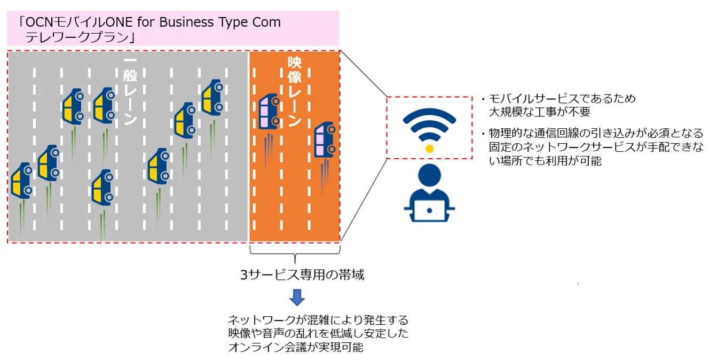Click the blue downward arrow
tap(297, 298)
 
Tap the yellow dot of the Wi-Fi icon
tap(429, 148)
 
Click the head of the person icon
tap(429, 175)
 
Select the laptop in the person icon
tap(429, 210)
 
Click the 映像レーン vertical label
tap(294, 92)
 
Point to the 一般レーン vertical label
tap(130, 91)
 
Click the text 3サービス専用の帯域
tap(302, 275)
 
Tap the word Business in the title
tap(186, 22)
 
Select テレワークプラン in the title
tap(77, 38)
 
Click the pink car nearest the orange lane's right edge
tap(325, 139)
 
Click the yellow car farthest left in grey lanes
tap(21, 181)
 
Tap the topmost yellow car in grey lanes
tap(212, 97)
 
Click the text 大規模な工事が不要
tap(540, 112)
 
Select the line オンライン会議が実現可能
tap(296, 347)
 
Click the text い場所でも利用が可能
tap(545, 161)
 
